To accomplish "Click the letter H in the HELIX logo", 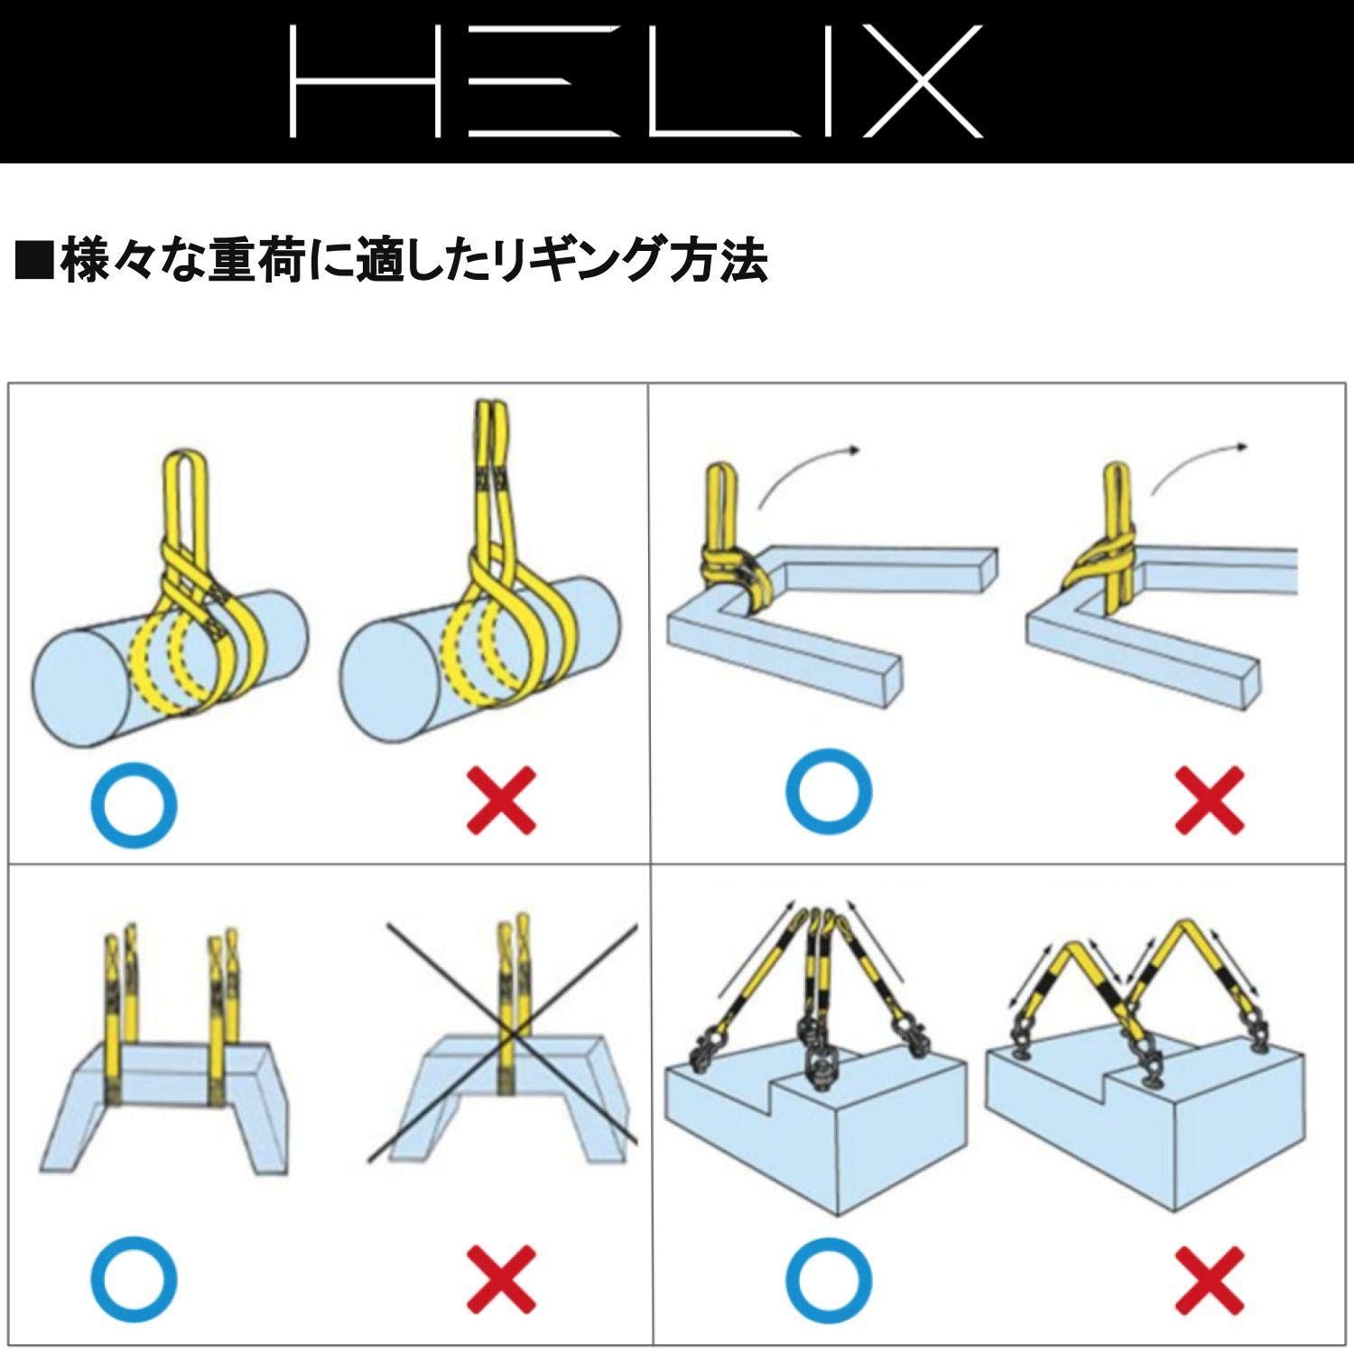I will tap(362, 81).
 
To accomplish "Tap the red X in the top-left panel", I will tap(502, 800).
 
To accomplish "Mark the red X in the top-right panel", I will tap(1210, 800).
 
